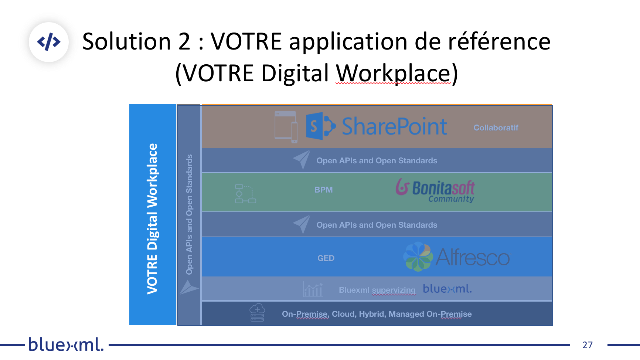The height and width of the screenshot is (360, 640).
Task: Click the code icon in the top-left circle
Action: click(49, 42)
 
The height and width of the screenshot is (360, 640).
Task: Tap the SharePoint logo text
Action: click(394, 126)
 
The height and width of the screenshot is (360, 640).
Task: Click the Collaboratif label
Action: click(496, 128)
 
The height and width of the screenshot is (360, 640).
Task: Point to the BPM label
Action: click(324, 190)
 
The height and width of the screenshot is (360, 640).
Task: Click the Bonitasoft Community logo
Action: click(435, 190)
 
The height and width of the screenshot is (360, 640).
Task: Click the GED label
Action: click(326, 258)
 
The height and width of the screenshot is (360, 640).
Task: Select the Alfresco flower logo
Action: click(418, 257)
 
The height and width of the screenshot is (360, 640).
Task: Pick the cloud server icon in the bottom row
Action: click(257, 313)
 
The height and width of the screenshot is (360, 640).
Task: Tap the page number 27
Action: click(588, 345)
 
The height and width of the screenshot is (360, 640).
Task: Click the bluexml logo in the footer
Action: click(66, 344)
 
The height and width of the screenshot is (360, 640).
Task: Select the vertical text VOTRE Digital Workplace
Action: click(152, 219)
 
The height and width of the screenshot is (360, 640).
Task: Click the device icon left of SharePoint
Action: click(286, 127)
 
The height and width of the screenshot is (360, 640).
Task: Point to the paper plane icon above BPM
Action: click(302, 160)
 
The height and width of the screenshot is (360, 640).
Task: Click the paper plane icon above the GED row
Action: click(302, 224)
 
